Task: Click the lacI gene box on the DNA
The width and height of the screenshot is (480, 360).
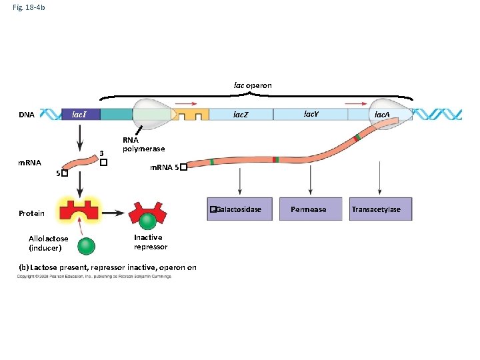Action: (x=80, y=115)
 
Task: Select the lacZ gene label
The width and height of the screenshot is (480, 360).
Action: (x=241, y=115)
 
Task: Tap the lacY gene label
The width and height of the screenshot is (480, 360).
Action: (x=311, y=114)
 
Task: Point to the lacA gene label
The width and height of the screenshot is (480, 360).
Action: (x=382, y=115)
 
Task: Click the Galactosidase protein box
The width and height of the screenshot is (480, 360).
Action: (x=239, y=209)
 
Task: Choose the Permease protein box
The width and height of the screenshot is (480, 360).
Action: (x=309, y=209)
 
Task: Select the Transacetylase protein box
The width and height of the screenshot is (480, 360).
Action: (x=377, y=209)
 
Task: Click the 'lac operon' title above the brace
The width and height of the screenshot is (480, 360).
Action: (x=252, y=85)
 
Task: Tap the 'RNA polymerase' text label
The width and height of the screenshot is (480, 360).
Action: (x=143, y=145)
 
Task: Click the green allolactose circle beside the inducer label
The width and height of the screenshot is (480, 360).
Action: (x=86, y=246)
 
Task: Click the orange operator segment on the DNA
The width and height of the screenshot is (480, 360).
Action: (x=191, y=115)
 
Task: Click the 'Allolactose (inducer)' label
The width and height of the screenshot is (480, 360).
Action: (x=48, y=243)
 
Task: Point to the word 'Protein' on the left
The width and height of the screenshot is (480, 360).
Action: (x=31, y=213)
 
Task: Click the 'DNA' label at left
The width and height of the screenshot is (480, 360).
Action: (x=27, y=115)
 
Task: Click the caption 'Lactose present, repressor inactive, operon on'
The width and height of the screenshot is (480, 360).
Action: (x=107, y=267)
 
